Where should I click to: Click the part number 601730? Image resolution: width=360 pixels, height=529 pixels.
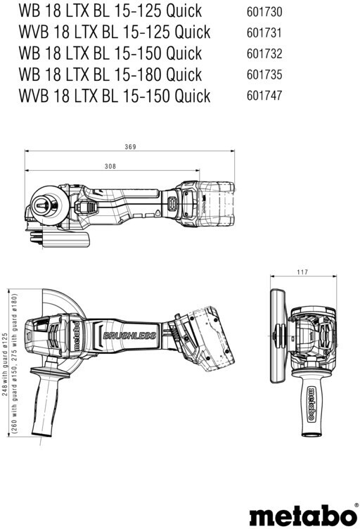[x=264, y=12]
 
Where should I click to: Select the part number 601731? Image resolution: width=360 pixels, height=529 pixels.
[x=264, y=33]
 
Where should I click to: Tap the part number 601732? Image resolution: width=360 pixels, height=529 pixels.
[x=264, y=54]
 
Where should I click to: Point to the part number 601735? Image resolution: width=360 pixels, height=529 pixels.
[x=264, y=75]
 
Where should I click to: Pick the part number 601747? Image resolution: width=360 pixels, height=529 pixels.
[x=264, y=96]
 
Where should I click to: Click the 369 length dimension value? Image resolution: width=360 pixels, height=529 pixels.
[x=131, y=147]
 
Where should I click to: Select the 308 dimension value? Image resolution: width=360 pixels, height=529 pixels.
[x=110, y=166]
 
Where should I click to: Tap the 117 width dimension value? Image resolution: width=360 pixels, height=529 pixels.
[x=302, y=272]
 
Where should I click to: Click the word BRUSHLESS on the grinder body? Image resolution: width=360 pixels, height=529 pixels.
[x=129, y=336]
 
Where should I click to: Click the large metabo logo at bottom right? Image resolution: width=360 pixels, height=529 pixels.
[x=303, y=515]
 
